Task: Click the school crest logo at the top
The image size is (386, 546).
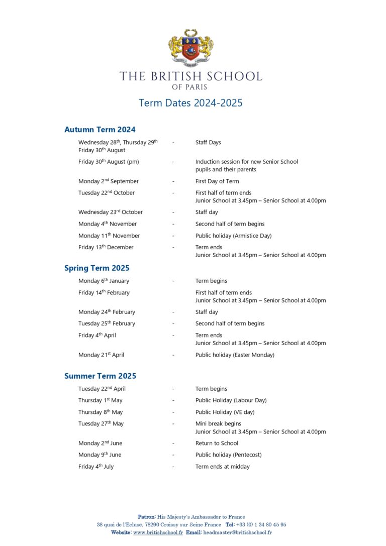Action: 190,48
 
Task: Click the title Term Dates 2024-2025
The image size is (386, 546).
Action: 190,103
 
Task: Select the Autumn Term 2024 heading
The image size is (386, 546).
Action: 100,130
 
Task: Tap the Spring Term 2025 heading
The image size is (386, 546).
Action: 96,268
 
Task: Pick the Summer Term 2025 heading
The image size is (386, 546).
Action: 100,376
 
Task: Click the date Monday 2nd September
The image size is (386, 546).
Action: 109,181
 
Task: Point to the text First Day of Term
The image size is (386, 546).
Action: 217,181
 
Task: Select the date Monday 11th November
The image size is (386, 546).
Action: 109,236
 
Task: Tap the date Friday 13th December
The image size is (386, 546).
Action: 106,247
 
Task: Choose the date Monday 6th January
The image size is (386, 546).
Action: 104,281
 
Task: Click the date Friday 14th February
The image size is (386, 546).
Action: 104,292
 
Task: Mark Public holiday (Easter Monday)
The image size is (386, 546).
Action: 235,355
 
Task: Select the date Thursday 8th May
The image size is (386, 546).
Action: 101,412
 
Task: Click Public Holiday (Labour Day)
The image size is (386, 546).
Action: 231,400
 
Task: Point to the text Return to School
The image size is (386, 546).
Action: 217,443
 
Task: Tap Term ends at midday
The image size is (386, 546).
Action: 222,466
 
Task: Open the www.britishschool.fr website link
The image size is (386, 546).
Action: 158,532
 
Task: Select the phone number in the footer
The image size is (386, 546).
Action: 261,524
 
